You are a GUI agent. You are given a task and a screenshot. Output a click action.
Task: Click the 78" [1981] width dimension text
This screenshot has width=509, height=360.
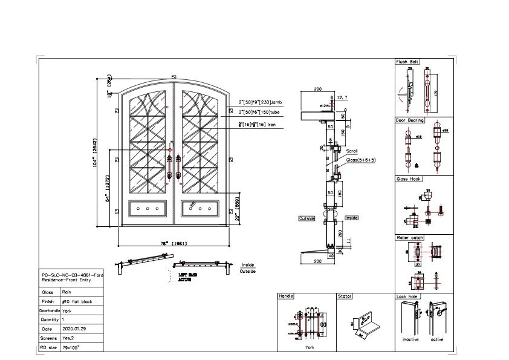coord(173,243)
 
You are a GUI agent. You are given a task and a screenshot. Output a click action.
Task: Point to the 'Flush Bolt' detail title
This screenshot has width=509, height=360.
coord(407,62)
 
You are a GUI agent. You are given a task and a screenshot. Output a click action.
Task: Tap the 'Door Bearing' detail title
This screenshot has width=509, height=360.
coord(410,120)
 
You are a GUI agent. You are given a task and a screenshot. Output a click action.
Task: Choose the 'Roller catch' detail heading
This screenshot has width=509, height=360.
coord(409,238)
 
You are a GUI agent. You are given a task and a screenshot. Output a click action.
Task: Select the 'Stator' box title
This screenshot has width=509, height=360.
coord(345,296)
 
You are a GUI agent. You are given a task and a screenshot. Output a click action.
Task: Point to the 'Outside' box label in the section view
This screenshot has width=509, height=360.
coord(306,218)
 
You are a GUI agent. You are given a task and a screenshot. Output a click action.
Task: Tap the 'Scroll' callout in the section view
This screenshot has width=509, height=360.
coord(352,151)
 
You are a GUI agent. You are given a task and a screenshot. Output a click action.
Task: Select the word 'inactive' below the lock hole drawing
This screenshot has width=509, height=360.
coord(410,339)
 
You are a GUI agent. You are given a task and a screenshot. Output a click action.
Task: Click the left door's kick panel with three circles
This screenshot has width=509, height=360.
coord(148,208)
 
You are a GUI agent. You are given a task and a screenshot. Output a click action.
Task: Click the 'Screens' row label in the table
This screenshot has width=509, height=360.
coord(50,338)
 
